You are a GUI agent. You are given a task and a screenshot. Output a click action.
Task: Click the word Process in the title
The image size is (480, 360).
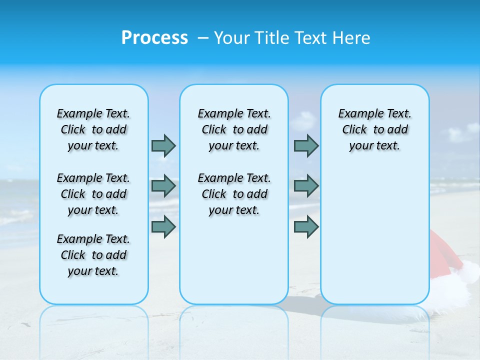coord(154,38)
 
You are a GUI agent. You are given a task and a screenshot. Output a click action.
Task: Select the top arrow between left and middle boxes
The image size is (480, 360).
coord(163,145)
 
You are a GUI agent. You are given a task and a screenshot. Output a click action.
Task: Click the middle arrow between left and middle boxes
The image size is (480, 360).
coord(163,186)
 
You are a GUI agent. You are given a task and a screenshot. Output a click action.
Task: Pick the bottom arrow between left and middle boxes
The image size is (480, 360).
coord(163,226)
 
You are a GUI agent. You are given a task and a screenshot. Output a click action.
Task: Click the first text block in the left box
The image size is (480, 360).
coord(93,129)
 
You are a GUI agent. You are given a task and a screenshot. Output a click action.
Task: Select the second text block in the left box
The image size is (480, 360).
coord(93,194)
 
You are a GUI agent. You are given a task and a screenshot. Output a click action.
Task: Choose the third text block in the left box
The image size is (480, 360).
coord(93,255)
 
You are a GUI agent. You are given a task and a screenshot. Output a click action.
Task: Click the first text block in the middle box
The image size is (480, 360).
coord(234,129)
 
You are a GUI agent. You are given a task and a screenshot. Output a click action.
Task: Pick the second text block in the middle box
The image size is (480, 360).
coord(234,194)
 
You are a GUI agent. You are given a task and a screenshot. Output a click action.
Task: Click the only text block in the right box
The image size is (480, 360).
coord(374,129)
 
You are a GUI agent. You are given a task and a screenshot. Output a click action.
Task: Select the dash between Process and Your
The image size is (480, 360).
coord(203,38)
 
